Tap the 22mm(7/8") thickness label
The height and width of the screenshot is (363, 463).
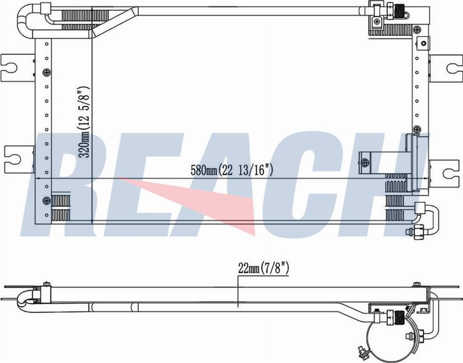(265, 268)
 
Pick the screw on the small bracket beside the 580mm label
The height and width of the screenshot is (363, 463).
(366, 163)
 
